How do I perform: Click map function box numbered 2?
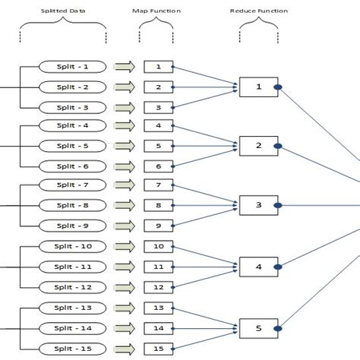(x=158, y=87)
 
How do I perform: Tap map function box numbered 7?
(x=158, y=185)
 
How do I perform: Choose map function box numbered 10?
(x=158, y=246)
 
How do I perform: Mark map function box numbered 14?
(x=158, y=327)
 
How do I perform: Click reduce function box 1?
(x=258, y=87)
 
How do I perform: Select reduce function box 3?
(x=258, y=205)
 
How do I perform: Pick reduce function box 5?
(x=258, y=328)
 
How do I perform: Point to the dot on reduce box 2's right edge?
(x=279, y=146)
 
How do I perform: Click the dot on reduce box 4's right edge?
(x=279, y=267)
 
